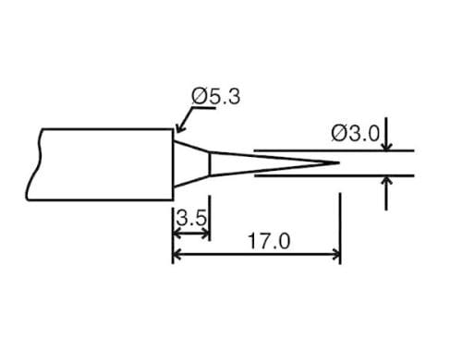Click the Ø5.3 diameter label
(x=215, y=96)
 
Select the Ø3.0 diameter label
(x=355, y=133)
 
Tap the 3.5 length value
(x=191, y=220)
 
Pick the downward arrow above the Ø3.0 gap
(x=386, y=143)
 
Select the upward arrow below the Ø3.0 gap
(x=386, y=186)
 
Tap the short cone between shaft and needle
(x=192, y=163)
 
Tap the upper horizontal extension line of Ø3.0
(x=333, y=150)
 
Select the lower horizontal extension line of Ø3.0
(x=333, y=178)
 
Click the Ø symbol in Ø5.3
(x=199, y=96)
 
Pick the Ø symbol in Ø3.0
(x=339, y=133)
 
